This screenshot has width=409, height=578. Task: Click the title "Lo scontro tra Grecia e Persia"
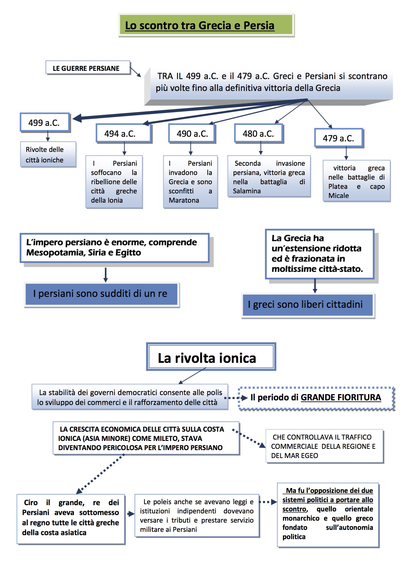[200, 25]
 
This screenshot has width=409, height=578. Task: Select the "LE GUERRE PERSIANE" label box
[86, 68]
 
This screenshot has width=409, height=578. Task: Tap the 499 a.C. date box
[45, 123]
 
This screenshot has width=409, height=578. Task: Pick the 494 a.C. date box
[120, 133]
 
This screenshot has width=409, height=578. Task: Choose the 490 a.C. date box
[192, 133]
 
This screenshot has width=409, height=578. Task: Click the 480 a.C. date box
[258, 133]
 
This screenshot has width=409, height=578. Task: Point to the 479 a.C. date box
[338, 138]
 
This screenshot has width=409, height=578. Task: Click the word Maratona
[184, 200]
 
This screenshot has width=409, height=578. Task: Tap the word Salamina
[247, 191]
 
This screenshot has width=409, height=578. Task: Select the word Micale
[338, 195]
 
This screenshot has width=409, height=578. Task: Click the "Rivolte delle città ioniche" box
[48, 155]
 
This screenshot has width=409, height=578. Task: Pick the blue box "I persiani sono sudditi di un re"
[101, 294]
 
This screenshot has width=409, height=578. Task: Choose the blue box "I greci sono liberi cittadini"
[307, 304]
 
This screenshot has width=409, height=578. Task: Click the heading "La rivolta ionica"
[207, 358]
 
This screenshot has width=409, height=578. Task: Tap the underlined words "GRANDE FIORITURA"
[341, 397]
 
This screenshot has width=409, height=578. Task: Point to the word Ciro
[31, 503]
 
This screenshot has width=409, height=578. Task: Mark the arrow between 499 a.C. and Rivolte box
[48, 136]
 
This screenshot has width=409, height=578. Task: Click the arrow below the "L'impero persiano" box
[106, 275]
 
